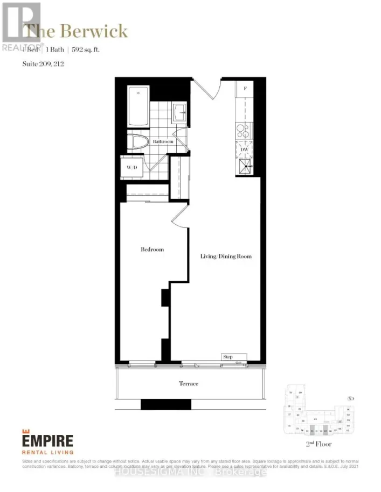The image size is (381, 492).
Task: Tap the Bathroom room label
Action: point(162,141)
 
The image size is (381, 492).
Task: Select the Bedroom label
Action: point(152,249)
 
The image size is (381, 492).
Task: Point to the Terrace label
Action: point(189,384)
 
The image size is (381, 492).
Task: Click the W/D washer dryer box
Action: point(132,167)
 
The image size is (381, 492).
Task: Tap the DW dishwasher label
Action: point(245,149)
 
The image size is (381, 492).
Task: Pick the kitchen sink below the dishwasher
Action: point(246,167)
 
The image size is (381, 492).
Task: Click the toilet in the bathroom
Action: point(139,144)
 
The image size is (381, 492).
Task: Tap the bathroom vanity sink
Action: point(180,114)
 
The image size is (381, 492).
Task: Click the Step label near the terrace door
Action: point(227,356)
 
